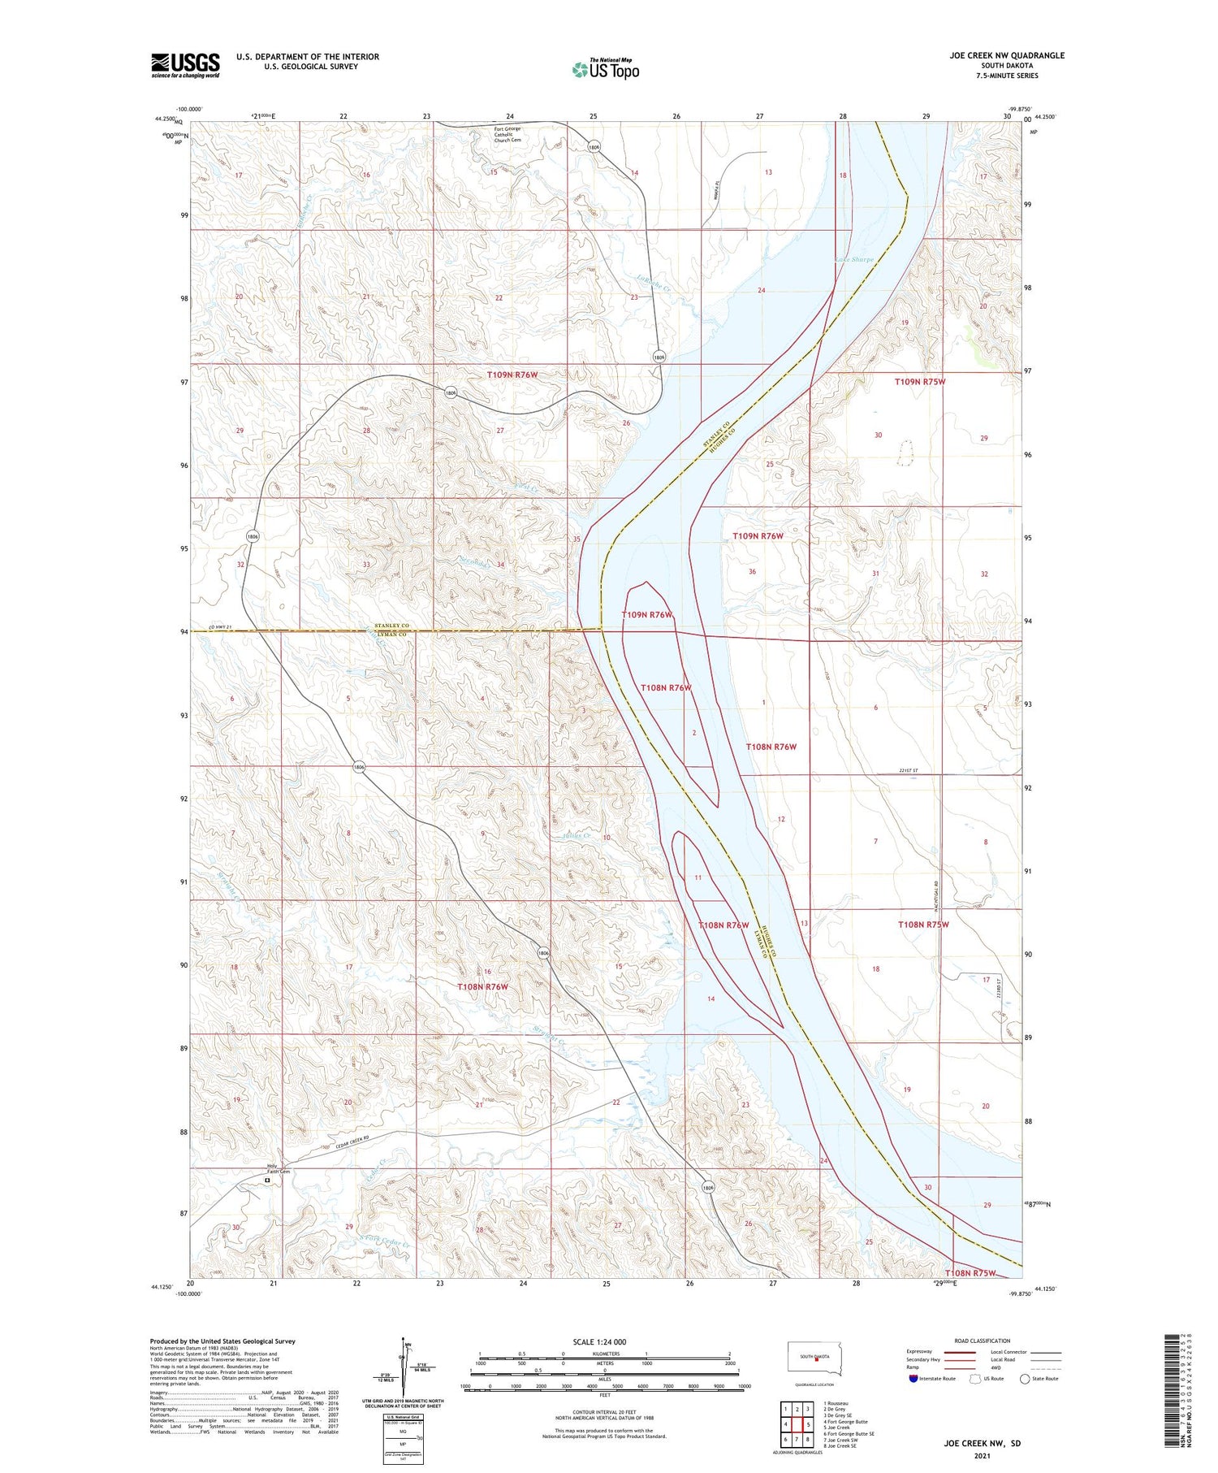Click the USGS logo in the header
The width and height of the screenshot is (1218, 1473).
tap(185, 65)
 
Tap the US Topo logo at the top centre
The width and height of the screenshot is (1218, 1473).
tap(606, 70)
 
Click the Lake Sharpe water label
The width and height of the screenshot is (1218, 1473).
tap(854, 260)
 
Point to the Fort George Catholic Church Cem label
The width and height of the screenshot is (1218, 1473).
tap(508, 134)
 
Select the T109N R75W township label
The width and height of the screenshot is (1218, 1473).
tap(920, 381)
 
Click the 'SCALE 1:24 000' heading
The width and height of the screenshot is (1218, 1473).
tap(605, 1342)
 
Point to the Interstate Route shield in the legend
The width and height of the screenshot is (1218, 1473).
tap(914, 1379)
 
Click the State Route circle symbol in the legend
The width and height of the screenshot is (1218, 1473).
tap(1026, 1379)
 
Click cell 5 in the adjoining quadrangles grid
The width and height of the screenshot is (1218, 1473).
tap(809, 1424)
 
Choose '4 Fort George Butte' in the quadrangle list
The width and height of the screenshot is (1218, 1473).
tap(845, 1422)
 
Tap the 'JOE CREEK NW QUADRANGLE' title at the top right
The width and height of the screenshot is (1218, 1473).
tap(1007, 55)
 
